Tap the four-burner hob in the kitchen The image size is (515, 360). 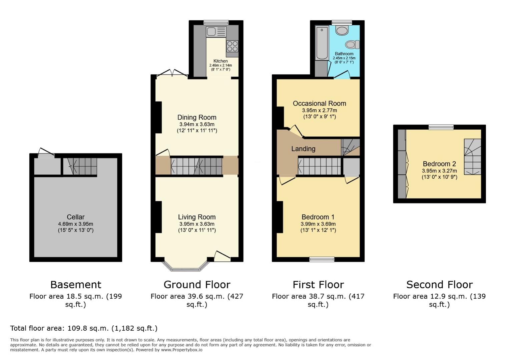[232, 46]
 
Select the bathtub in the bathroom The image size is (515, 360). [322, 43]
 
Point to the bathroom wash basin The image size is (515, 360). [342, 31]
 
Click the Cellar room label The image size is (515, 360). [76, 217]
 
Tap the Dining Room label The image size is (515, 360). [197, 117]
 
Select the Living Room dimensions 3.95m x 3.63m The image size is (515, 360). [197, 224]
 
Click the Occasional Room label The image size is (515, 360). [319, 103]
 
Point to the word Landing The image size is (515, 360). [303, 149]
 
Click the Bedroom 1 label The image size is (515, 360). [318, 217]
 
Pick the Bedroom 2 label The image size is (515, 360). [439, 164]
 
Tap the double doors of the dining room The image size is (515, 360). [172, 73]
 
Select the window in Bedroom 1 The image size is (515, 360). [322, 259]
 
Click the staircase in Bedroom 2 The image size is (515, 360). [473, 157]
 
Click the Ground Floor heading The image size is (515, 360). [197, 285]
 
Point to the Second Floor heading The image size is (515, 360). [439, 285]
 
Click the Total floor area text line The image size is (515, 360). [84, 328]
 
